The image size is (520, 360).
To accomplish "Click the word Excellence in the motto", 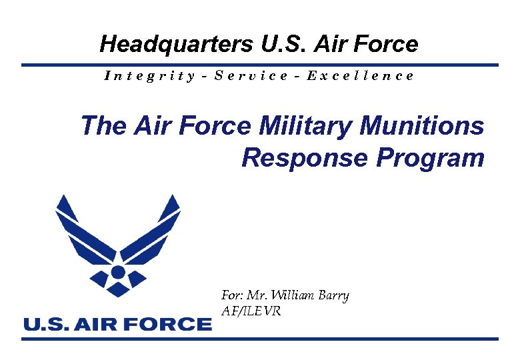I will click(360, 75).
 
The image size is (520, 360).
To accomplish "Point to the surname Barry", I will click(331, 295).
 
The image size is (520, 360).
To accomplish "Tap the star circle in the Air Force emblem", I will click(118, 272).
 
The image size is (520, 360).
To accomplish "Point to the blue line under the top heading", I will click(260, 65).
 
